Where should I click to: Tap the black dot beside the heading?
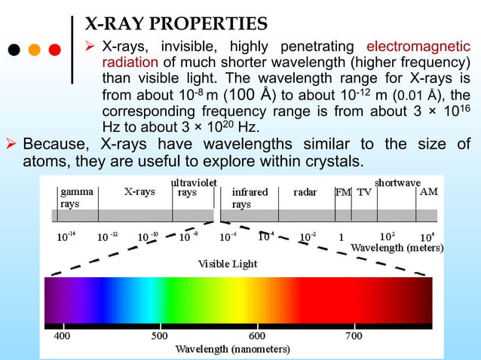pyautogui.click(x=15, y=50)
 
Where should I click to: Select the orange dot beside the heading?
pyautogui.click(x=35, y=50)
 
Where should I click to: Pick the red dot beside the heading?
pyautogui.click(x=54, y=50)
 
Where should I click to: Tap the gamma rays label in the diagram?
pyautogui.click(x=77, y=198)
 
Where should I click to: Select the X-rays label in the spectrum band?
pyautogui.click(x=139, y=192)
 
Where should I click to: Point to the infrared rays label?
pyautogui.click(x=250, y=198)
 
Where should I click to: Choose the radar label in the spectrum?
pyautogui.click(x=305, y=192)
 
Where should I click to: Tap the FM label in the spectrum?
pyautogui.click(x=343, y=192)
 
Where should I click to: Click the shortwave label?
pyautogui.click(x=397, y=183)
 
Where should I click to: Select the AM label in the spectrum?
pyautogui.click(x=428, y=192)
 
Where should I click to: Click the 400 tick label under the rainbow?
pyautogui.click(x=62, y=336)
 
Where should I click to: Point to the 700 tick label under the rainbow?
pyautogui.click(x=353, y=336)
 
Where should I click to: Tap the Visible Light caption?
pyautogui.click(x=228, y=264)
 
